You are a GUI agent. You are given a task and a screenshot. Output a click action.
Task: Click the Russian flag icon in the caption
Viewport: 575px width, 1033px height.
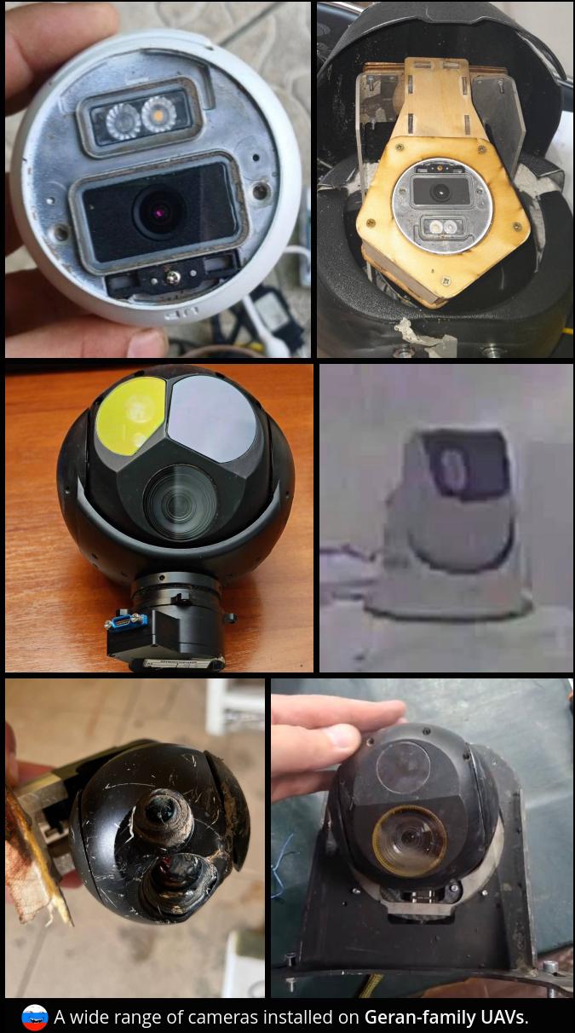click(x=35, y=1018)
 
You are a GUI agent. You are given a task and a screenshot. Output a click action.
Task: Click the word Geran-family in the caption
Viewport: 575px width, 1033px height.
click(x=420, y=1017)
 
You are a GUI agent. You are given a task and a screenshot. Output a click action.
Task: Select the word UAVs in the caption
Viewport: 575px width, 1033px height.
click(x=503, y=1017)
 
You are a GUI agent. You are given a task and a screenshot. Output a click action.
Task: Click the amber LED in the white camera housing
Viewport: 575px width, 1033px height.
click(x=158, y=114)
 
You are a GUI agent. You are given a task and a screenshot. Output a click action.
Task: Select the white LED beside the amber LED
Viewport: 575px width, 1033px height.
click(x=123, y=121)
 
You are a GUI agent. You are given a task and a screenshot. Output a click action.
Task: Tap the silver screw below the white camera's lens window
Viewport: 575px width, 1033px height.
click(x=172, y=277)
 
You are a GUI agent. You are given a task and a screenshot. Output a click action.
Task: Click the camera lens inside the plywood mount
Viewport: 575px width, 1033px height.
click(x=441, y=190)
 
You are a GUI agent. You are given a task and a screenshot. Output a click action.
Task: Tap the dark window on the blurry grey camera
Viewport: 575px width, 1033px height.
click(x=467, y=465)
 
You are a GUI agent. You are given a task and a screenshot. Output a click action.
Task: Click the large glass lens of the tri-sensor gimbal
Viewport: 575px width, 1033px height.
click(x=180, y=503)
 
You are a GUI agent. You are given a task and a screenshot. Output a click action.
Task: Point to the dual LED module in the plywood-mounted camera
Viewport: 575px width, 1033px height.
click(x=441, y=227)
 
